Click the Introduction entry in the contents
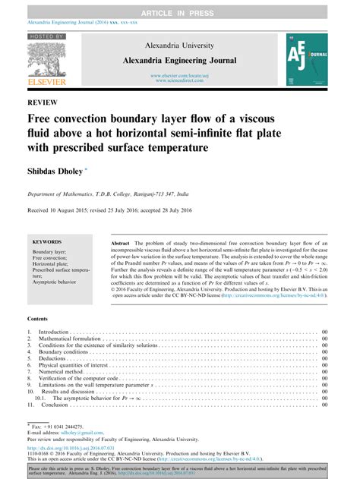(x=55, y=332)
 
